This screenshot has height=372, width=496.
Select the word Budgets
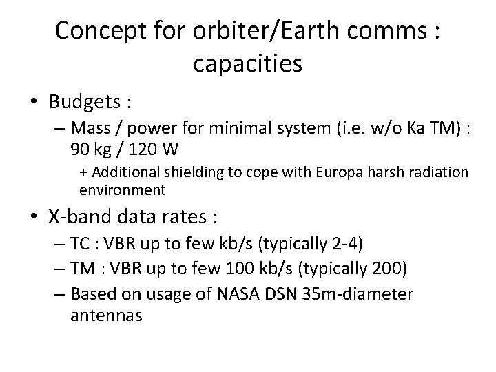pos(83,102)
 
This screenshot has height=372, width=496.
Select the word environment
pos(122,189)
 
